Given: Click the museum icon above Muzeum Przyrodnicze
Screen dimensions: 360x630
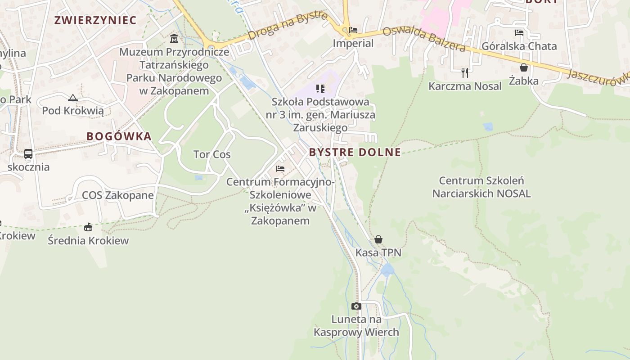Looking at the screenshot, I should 174,38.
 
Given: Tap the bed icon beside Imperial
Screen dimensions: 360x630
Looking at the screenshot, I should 353,31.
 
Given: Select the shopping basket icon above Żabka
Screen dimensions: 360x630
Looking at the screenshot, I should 524,67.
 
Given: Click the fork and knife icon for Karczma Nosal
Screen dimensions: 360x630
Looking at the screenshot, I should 465,72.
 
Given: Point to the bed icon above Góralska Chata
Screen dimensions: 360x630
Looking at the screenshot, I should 519,33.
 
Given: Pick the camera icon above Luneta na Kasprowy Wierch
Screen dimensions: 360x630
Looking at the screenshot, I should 356,306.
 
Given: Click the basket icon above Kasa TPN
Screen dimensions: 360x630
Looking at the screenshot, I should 378,239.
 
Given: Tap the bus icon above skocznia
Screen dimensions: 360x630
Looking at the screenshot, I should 28,154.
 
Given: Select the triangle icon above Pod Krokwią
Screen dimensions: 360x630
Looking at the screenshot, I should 73,98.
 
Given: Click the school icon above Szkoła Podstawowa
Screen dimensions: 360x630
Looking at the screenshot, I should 320,89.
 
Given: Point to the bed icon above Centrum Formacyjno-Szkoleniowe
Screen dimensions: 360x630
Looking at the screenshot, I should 280,169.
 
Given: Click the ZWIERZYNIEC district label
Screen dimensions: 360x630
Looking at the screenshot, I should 95,20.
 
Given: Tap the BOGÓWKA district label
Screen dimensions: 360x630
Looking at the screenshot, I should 119,136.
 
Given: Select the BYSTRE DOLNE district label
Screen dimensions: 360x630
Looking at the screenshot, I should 355,152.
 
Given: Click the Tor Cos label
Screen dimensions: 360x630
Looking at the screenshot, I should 212,154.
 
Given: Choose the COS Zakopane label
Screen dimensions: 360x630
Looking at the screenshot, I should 118,195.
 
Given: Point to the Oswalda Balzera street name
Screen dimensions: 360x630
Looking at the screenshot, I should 423,39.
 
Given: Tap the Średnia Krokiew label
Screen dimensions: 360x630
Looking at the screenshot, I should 88,240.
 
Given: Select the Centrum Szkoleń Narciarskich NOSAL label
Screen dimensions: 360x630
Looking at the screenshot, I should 481,187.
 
